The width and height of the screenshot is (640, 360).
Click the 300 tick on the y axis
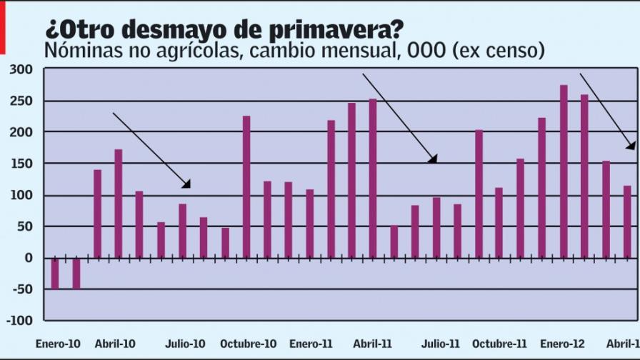[x=21, y=69]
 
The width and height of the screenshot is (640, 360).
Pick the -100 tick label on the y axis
[x=19, y=321]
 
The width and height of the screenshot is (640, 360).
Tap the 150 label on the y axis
[x=21, y=164]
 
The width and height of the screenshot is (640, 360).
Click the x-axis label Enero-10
[x=59, y=344]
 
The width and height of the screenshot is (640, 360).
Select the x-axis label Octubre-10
[x=248, y=344]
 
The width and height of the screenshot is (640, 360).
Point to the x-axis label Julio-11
[x=440, y=344]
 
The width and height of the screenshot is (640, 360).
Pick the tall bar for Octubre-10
[x=246, y=186]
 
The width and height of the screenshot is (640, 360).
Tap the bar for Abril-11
[x=373, y=178]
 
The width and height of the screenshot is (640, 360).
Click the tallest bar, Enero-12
[x=564, y=171]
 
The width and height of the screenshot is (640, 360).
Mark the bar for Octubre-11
[x=479, y=194]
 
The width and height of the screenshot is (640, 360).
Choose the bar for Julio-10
[x=183, y=231]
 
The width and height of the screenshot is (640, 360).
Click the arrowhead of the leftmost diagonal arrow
[x=187, y=185]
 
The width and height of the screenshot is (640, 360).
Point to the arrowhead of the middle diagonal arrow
[x=433, y=159]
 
